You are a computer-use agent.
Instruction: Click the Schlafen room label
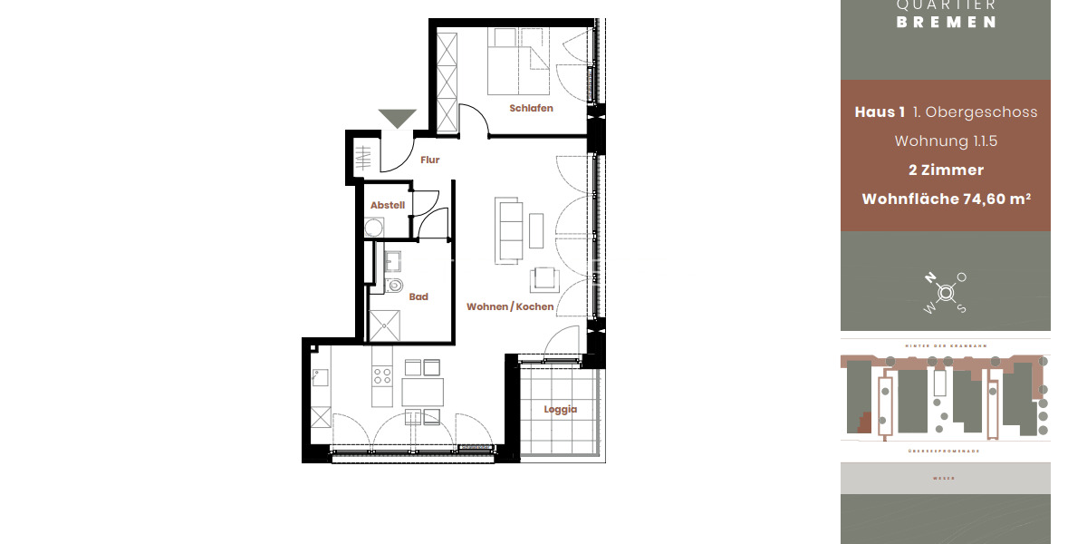tap(531, 108)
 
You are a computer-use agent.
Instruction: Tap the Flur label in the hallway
tap(429, 160)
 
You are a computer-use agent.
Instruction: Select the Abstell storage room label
tap(387, 206)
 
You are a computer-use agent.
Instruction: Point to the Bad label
tap(418, 296)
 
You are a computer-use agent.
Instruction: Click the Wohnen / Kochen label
tap(510, 307)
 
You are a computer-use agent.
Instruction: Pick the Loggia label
tap(560, 409)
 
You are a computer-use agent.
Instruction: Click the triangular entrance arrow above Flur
tap(397, 119)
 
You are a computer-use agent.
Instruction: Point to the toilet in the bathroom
tap(394, 287)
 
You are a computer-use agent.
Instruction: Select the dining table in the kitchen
tap(422, 392)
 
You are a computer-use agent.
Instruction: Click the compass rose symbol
tap(946, 293)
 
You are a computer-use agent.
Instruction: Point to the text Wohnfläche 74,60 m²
tap(946, 199)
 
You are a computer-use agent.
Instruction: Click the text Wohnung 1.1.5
tap(946, 141)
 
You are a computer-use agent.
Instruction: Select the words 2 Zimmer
tap(946, 170)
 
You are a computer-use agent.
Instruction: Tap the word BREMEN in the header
tap(946, 23)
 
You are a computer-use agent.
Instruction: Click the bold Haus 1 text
tap(880, 112)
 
